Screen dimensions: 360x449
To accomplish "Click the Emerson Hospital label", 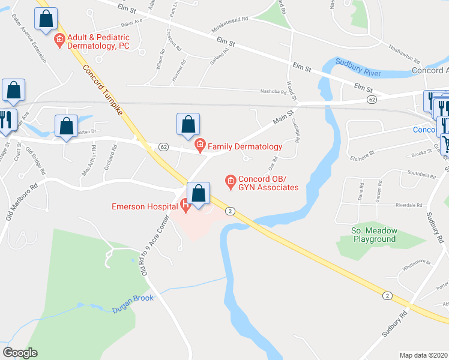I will coord(144,207).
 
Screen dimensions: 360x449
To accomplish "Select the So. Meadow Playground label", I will coord(373,235).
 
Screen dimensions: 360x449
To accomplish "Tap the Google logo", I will coord(20,353).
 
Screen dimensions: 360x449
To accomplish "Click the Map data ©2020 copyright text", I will coord(424,355).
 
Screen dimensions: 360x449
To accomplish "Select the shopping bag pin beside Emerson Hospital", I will coord(199,193).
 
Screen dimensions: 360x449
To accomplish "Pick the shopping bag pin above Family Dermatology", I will coord(188,124).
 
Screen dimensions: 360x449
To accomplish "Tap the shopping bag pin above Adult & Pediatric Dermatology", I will coord(46,19).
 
